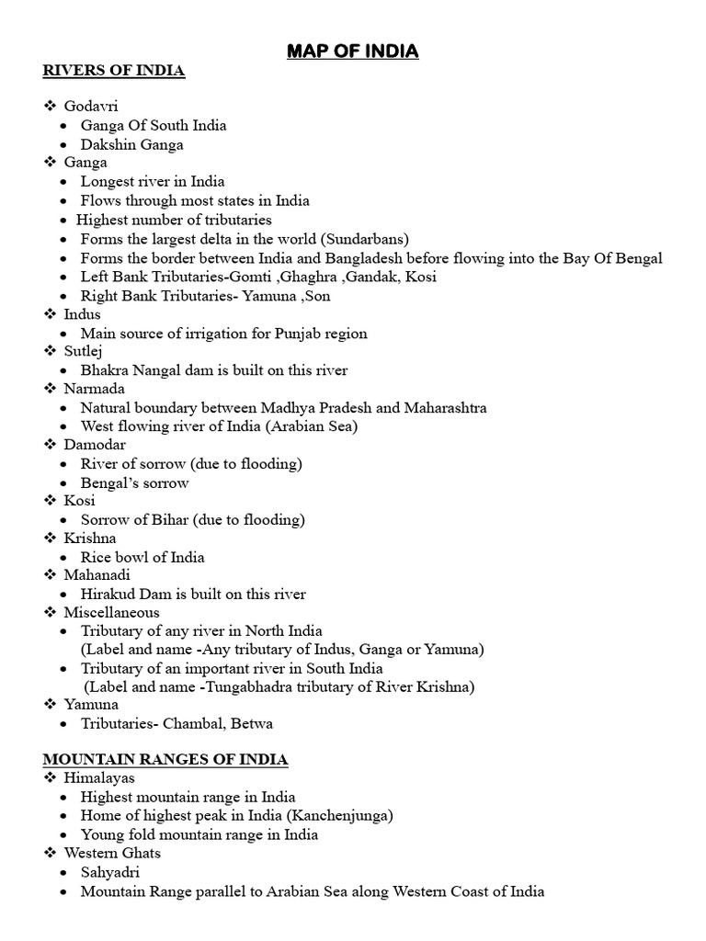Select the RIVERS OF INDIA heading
[114, 72]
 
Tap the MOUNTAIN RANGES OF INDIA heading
[165, 759]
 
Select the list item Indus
[82, 314]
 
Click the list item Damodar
[91, 445]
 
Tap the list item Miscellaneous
[111, 612]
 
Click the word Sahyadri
[110, 872]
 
